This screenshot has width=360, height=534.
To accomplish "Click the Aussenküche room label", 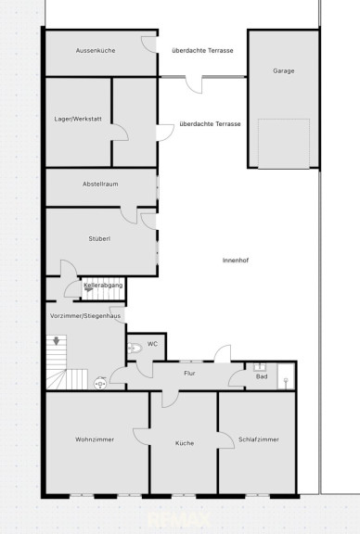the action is [96, 50].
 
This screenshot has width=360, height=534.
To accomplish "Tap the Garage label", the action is [284, 70].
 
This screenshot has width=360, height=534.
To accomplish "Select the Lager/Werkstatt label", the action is [78, 119].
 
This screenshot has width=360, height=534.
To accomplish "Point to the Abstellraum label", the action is [100, 184].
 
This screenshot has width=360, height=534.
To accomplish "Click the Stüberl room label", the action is [99, 239].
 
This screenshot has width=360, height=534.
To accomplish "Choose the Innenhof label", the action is [236, 261].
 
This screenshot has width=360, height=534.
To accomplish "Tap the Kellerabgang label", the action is [103, 285].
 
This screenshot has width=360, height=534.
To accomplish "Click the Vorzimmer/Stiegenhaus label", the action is [85, 316].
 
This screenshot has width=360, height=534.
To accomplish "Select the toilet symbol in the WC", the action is [135, 348].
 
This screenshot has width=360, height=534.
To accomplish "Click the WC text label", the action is [152, 344].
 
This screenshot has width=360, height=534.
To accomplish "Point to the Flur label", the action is [189, 374].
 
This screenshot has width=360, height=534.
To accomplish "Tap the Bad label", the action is [262, 376].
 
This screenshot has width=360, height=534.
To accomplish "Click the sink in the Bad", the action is [261, 367].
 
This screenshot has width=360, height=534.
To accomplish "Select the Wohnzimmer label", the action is [95, 439].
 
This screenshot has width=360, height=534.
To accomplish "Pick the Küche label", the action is [185, 443].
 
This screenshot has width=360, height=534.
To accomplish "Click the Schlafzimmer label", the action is [259, 439].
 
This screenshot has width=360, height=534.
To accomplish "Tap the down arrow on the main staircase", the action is [57, 340].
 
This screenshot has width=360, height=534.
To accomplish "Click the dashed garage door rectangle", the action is [284, 144].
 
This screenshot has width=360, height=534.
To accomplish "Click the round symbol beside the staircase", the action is [100, 384].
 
